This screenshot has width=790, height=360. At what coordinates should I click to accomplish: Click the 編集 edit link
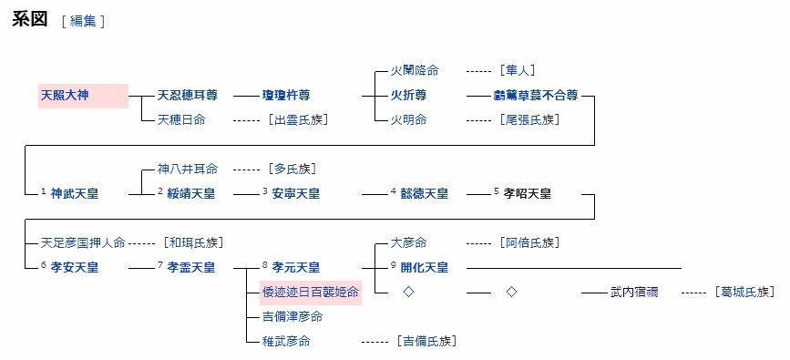click(83, 22)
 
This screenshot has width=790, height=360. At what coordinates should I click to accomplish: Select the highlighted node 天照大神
click(65, 95)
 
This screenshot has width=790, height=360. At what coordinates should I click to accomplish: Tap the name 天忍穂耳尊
click(187, 95)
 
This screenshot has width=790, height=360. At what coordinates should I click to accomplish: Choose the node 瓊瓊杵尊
click(285, 95)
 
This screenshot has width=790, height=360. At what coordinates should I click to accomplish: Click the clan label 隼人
click(516, 70)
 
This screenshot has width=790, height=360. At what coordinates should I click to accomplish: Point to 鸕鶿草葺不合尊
click(535, 95)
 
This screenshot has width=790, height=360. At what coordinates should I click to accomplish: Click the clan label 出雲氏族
click(298, 119)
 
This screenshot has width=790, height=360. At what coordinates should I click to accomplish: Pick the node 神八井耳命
click(187, 169)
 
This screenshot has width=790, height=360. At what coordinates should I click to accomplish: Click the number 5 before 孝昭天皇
click(497, 191)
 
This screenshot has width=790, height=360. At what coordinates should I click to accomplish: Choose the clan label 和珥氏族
click(192, 242)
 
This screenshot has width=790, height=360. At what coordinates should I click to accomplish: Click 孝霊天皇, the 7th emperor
click(191, 267)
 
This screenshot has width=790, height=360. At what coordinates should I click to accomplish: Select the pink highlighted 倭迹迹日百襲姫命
click(310, 292)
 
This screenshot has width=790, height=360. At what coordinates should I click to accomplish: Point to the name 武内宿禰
click(634, 292)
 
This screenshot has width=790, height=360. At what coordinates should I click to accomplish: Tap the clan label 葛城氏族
click(744, 292)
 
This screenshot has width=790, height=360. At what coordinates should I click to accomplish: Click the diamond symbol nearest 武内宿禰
click(511, 292)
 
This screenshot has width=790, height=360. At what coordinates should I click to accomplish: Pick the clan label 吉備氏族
click(426, 341)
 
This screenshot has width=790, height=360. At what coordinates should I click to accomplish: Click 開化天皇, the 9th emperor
click(424, 267)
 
